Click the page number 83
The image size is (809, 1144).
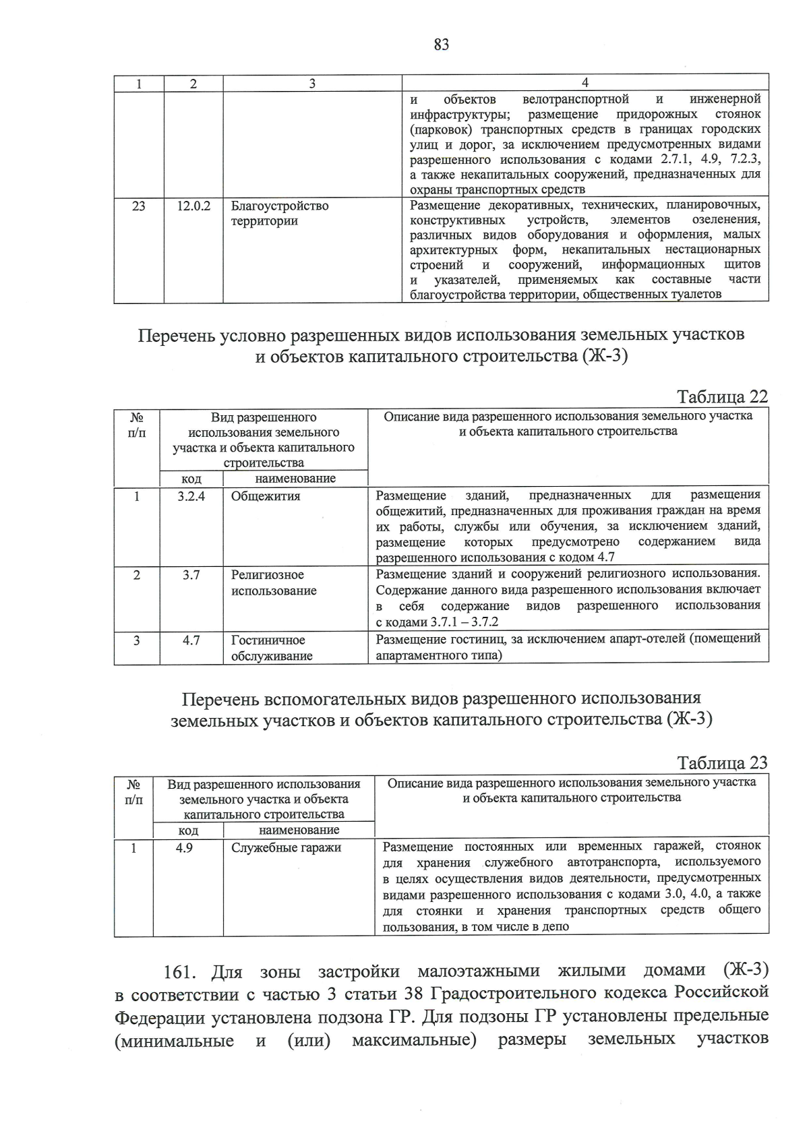442,45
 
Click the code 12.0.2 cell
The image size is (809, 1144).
193,206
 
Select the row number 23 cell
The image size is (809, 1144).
138,206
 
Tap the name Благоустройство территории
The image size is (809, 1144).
279,214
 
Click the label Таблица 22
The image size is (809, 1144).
722,396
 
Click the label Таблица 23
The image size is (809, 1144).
722,763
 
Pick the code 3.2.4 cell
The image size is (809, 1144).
191,496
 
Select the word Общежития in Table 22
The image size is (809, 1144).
266,496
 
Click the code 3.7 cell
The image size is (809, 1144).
191,575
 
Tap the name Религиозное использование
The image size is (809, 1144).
273,583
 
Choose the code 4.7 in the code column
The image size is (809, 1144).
191,640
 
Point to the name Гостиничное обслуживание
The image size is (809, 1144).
272,648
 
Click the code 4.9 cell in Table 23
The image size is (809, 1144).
184,848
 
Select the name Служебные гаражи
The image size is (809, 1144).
286,848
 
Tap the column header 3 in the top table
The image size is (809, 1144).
312,84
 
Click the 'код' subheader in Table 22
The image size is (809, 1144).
191,479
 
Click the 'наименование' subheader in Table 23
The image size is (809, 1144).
299,830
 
